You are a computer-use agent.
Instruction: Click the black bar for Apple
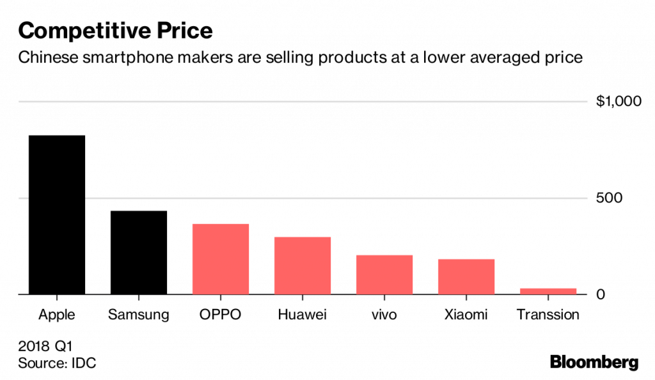[57, 215]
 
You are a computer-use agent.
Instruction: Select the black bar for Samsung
[139, 253]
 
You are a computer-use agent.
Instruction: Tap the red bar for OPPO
[221, 259]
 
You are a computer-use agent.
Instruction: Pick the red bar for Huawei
[303, 265]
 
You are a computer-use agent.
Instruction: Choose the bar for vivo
[384, 274]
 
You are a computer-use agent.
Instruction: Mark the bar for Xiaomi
[466, 276]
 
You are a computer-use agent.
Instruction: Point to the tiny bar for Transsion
[548, 291]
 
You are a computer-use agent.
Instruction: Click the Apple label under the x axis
[57, 315]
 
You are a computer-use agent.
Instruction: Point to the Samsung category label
[139, 315]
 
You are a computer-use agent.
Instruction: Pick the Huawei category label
[303, 315]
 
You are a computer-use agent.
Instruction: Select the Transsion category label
[548, 315]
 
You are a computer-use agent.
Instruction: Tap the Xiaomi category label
[466, 315]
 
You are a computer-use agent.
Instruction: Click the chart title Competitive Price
[115, 31]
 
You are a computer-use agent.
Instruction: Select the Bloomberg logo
[594, 362]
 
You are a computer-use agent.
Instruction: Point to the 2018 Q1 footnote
[45, 347]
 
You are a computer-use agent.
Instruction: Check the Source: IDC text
[57, 363]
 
